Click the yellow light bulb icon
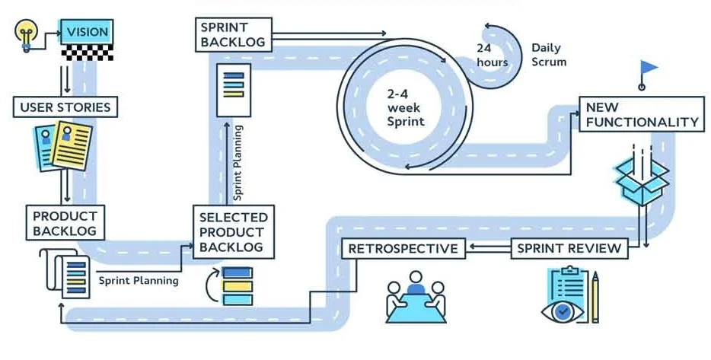pyautogui.click(x=26, y=33)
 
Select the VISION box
pyautogui.click(x=87, y=32)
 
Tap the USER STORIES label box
pyautogui.click(x=65, y=107)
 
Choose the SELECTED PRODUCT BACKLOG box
pyautogui.click(x=233, y=232)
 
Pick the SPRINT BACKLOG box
pyautogui.click(x=233, y=35)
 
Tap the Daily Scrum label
pyautogui.click(x=549, y=54)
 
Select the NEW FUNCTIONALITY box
pyautogui.click(x=641, y=113)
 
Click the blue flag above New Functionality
pyautogui.click(x=648, y=68)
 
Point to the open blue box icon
pyautogui.click(x=641, y=180)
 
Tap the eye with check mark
pyautogui.click(x=562, y=311)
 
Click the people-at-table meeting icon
pyautogui.click(x=416, y=295)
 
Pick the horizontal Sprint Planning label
pyautogui.click(x=139, y=280)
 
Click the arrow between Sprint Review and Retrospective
pyautogui.click(x=487, y=248)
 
